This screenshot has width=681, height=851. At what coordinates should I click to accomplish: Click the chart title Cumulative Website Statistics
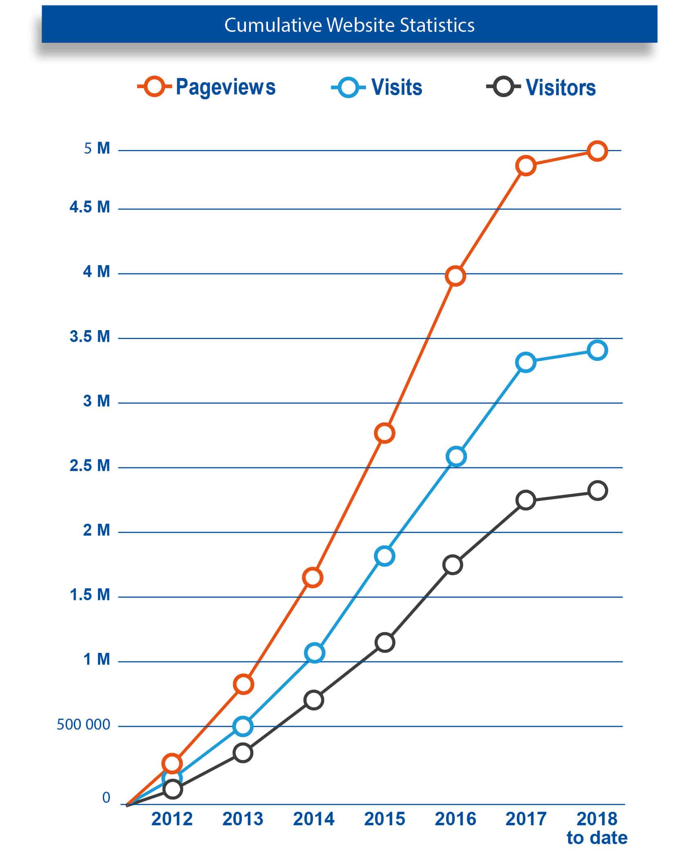[x=349, y=25]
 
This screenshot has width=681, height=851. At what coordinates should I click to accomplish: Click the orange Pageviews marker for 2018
[x=597, y=151]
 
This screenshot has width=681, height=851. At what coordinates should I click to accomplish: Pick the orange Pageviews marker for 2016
[x=455, y=276]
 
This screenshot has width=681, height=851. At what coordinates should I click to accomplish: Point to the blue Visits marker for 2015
[x=384, y=556]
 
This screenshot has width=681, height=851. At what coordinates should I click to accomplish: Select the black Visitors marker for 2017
[x=526, y=500]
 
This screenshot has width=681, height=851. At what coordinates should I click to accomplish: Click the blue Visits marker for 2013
[x=243, y=726]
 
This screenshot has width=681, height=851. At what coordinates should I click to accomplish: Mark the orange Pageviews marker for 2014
[x=313, y=577]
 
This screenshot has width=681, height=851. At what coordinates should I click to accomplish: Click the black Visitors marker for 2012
[x=173, y=789]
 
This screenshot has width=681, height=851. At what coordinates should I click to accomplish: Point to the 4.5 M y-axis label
[x=90, y=208]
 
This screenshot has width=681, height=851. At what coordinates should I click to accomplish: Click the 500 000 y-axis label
[x=83, y=725]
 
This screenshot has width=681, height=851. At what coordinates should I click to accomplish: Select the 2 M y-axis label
[x=96, y=530]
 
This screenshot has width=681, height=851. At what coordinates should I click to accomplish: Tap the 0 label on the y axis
[x=106, y=797]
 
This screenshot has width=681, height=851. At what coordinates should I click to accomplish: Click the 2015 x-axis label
[x=384, y=819]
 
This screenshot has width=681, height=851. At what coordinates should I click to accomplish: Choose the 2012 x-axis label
[x=172, y=819]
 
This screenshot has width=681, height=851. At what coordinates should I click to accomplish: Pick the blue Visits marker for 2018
[x=597, y=350]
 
